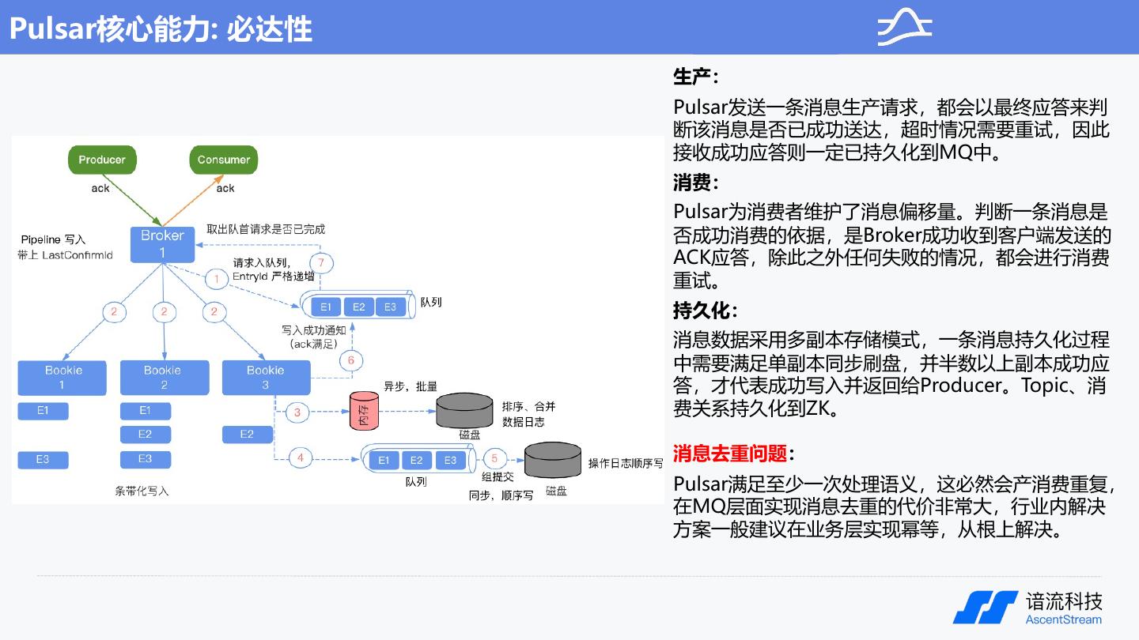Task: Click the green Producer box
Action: (102, 160)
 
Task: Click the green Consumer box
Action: (224, 160)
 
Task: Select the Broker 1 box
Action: (162, 244)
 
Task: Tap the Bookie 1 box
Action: (62, 378)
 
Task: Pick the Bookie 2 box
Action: (164, 378)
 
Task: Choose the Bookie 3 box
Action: (265, 378)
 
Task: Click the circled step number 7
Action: (320, 263)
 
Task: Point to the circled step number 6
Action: (351, 361)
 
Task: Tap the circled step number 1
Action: (216, 279)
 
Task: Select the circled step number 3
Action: (297, 412)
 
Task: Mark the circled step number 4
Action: (301, 457)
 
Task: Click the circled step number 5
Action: (495, 458)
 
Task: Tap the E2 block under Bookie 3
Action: (247, 435)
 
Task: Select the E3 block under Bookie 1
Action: (43, 460)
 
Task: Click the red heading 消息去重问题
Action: (729, 454)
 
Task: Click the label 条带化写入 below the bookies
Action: (142, 491)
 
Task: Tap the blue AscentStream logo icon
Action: (986, 607)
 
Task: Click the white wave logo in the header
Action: (904, 28)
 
